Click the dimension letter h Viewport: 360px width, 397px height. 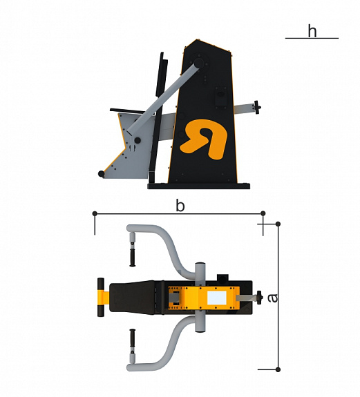point(312,31)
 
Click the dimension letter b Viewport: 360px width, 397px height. point(180,205)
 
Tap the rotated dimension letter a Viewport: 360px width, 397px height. point(273,298)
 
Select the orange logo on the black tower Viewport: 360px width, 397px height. point(203,139)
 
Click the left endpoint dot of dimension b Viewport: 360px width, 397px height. point(95,213)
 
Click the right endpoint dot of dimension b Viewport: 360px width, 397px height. point(263,213)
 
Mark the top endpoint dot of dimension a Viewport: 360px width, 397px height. point(278,224)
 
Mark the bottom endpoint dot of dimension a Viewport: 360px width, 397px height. point(278,369)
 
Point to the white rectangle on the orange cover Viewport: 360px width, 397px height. point(217,298)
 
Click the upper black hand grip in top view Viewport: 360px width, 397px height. point(132,258)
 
